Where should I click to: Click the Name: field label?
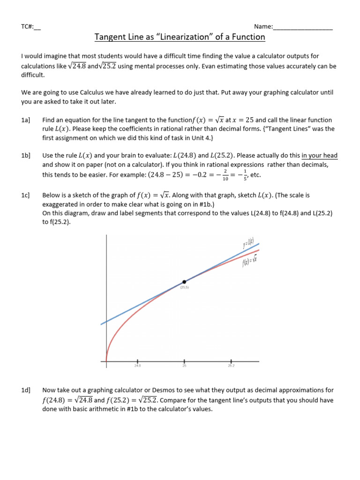click(x=263, y=27)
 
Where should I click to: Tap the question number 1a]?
click(x=26, y=120)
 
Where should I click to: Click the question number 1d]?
click(x=26, y=390)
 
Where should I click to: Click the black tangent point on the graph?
click(x=184, y=282)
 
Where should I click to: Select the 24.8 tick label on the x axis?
click(x=137, y=366)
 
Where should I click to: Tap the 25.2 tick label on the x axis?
click(x=231, y=366)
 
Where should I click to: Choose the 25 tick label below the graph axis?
click(x=184, y=366)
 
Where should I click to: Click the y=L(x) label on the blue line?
click(x=248, y=243)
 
